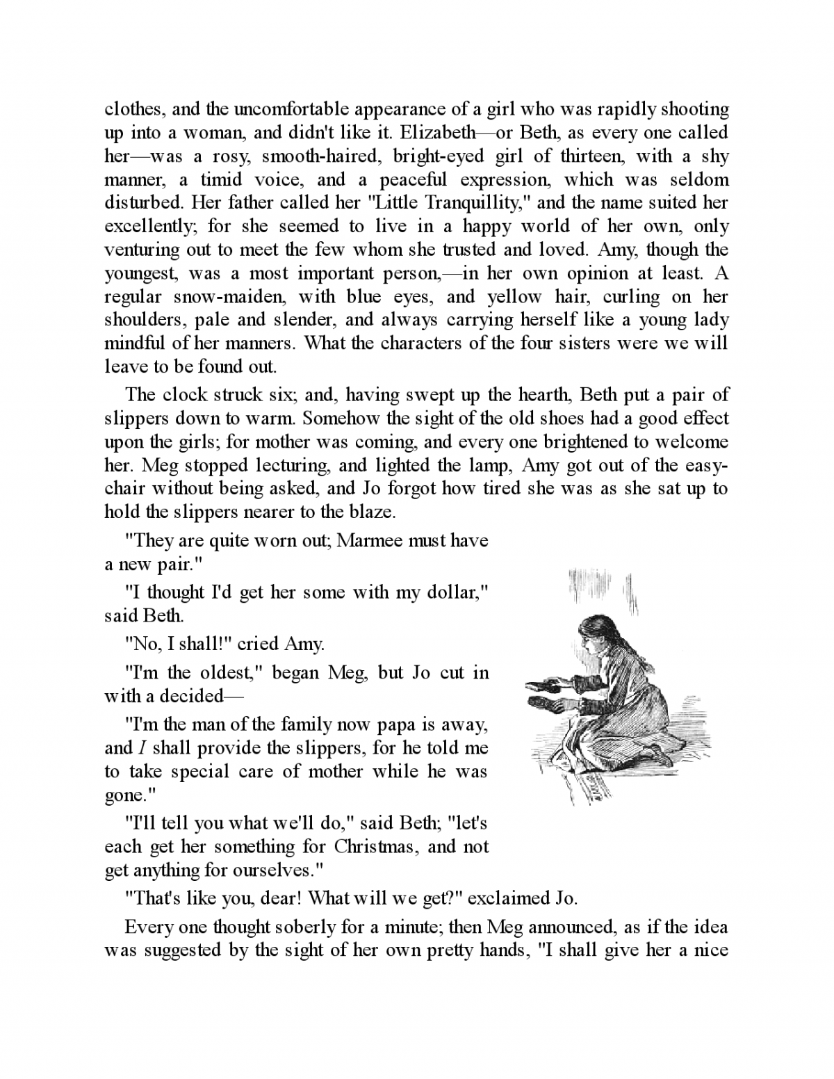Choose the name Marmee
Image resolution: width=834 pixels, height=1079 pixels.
coord(370,541)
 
